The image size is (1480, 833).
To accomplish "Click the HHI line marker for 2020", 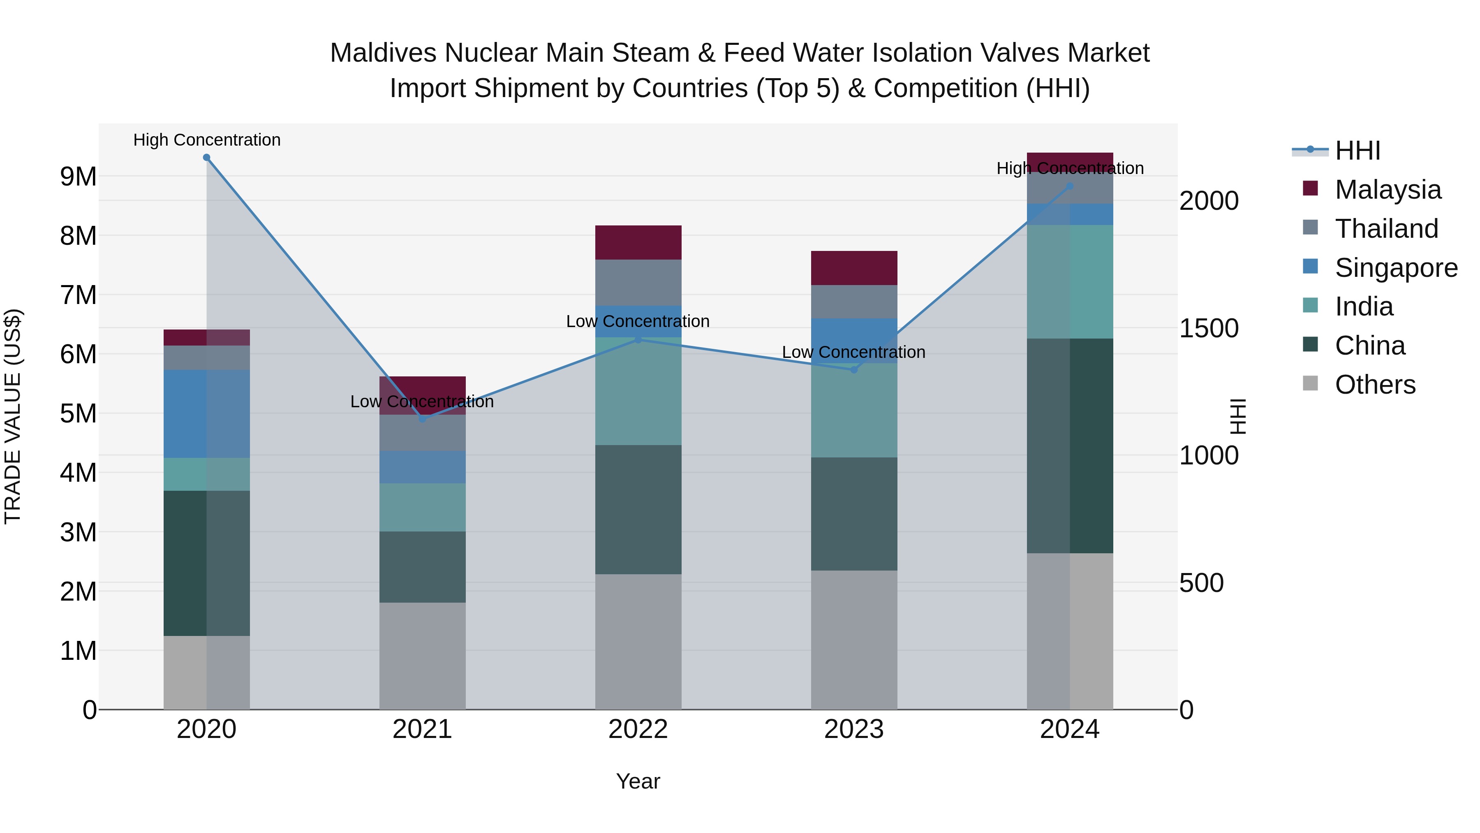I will click(x=206, y=158).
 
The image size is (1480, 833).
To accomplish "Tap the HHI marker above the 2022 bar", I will click(x=638, y=340).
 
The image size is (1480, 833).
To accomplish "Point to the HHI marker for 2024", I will click(x=1069, y=186).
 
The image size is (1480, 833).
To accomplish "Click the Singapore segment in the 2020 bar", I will click(x=206, y=413).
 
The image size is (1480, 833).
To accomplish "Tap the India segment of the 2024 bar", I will click(x=1069, y=282).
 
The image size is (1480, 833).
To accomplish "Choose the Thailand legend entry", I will click(x=1386, y=229).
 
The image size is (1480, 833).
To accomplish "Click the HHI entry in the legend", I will click(x=1357, y=151).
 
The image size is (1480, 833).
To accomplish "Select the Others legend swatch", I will click(x=1311, y=383).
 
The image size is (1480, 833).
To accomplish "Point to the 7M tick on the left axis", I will click(x=79, y=295).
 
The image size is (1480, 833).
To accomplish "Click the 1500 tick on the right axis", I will click(x=1208, y=328).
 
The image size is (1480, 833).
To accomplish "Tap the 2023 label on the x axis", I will click(x=854, y=729).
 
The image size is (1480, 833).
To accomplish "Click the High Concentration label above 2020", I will click(x=207, y=140).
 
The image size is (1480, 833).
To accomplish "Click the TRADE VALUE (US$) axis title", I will click(x=13, y=416).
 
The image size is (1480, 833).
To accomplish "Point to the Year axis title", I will click(x=638, y=781).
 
